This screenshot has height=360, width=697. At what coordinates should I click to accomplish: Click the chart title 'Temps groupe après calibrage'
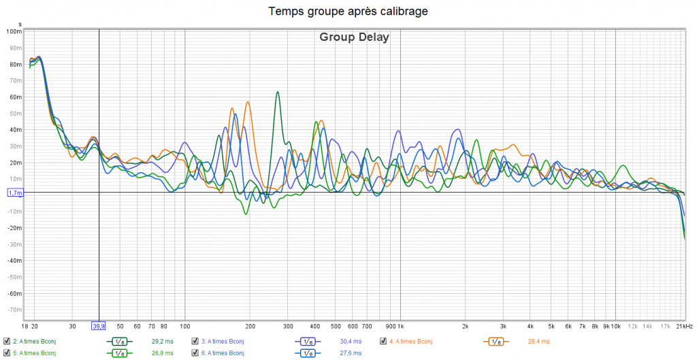click(348, 12)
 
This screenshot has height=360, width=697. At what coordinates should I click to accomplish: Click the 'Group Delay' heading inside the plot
click(354, 37)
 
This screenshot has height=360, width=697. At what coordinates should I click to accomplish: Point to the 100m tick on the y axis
click(14, 31)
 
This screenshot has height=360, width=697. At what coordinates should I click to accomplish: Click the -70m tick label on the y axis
click(14, 310)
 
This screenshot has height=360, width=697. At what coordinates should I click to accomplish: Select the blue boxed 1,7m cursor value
click(14, 193)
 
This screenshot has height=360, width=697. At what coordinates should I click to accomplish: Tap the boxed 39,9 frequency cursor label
click(99, 326)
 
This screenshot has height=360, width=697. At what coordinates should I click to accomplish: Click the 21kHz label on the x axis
click(685, 327)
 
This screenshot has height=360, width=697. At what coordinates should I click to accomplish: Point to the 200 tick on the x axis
click(250, 327)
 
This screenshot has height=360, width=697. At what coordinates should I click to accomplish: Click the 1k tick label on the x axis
click(400, 327)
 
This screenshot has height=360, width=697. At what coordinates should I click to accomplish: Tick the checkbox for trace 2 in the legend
click(6, 341)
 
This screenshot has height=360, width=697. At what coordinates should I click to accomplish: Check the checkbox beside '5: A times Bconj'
click(6, 353)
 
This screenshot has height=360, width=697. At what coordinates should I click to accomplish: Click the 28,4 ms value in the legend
click(538, 341)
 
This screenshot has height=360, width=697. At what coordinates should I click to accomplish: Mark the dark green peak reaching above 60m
click(278, 93)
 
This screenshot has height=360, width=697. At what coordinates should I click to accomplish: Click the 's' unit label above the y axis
click(20, 24)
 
